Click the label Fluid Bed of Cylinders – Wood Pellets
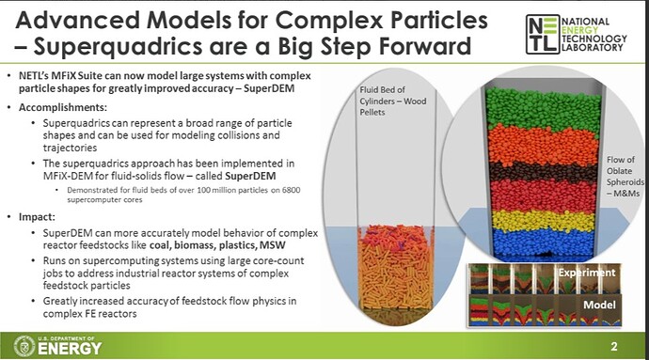coord(388,101)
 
